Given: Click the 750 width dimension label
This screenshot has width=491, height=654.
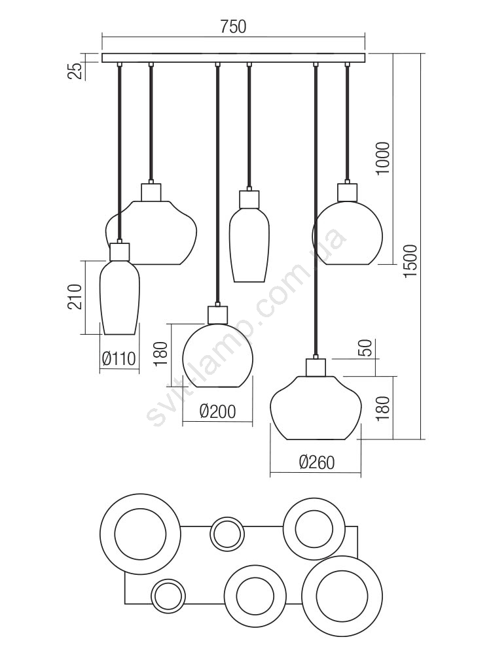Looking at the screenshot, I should [233, 27].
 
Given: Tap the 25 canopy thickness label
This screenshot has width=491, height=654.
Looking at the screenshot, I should [77, 69].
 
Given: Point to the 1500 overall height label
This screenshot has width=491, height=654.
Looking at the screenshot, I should [410, 262].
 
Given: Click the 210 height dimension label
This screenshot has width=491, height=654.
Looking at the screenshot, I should [76, 298].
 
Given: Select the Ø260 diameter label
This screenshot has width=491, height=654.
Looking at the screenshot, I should [316, 462].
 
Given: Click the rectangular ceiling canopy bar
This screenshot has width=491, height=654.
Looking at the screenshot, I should [233, 58].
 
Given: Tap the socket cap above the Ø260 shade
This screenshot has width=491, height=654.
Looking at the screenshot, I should [316, 367].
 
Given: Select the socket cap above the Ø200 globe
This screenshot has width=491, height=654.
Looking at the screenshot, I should [217, 315].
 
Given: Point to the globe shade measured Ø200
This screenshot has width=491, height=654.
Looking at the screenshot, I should [217, 356].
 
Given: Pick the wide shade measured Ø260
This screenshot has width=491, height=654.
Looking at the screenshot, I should [316, 407].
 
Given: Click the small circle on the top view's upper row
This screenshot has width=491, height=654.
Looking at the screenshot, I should [227, 533].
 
